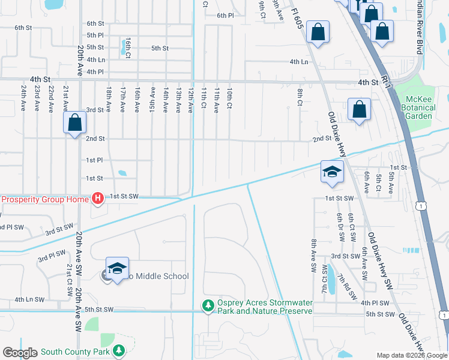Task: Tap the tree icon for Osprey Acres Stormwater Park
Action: click(x=208, y=307)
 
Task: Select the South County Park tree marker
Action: click(x=119, y=350)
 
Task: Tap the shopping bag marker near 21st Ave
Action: click(x=75, y=124)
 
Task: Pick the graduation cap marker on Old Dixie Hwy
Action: click(x=332, y=172)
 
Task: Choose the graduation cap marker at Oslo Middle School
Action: click(x=117, y=268)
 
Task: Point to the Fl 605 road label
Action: click(x=296, y=18)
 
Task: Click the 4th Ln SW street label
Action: click(x=30, y=299)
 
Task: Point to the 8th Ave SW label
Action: click(x=313, y=256)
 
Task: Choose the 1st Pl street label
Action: click(x=94, y=160)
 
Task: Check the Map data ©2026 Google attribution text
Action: click(x=411, y=355)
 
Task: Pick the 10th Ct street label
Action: click(x=229, y=98)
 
